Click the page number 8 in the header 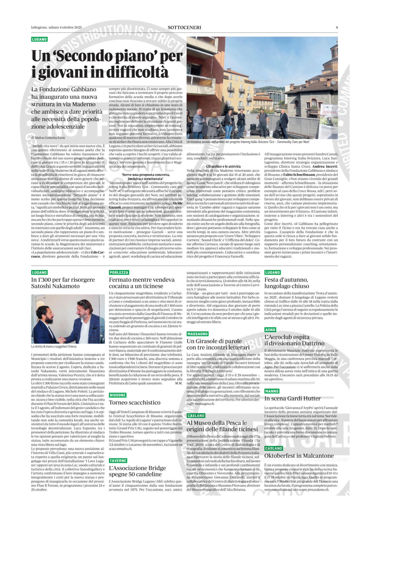(337, 28)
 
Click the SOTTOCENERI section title (184, 28)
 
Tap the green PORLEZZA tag (119, 272)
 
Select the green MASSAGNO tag (197, 334)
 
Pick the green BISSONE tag (118, 395)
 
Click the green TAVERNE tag (118, 460)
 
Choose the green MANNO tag (272, 391)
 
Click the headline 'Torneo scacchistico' (135, 403)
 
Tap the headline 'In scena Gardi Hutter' (293, 399)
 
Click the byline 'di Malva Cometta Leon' (48, 138)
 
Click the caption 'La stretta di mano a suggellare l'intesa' (54, 346)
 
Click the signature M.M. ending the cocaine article (179, 383)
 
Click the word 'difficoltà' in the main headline (137, 72)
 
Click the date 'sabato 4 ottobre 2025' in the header (65, 28)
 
